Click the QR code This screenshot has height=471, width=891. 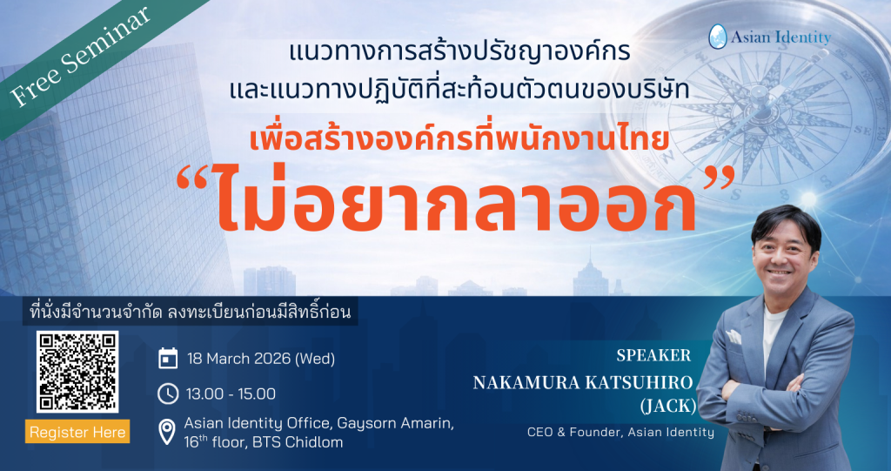point(77,372)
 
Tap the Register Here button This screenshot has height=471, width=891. point(77,432)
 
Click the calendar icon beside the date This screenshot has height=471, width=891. point(168,359)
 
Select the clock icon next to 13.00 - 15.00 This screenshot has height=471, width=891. point(168,394)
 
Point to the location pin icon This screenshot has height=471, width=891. point(168,430)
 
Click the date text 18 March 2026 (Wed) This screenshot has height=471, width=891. point(260,359)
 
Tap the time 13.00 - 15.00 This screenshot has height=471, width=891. point(231,394)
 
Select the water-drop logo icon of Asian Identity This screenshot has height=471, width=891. point(717,37)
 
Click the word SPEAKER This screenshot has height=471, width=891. point(653,355)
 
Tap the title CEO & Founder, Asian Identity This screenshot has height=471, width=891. point(620,432)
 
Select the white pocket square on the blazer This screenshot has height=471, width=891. point(734,336)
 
